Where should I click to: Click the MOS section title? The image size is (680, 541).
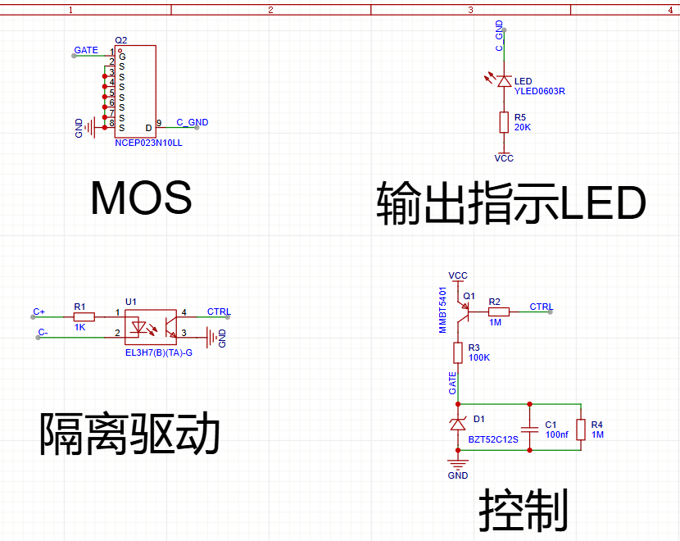(x=141, y=198)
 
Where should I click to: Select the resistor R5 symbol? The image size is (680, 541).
(x=504, y=123)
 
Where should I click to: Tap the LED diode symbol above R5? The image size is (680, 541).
(x=504, y=80)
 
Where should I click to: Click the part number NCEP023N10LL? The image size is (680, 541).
(x=148, y=143)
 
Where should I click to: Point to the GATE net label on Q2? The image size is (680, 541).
(x=86, y=51)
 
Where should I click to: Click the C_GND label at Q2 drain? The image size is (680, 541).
(x=192, y=123)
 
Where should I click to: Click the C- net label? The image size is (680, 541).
(x=43, y=333)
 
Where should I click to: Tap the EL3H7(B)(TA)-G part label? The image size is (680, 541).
(x=158, y=352)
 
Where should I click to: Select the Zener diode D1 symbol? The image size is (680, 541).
(x=458, y=424)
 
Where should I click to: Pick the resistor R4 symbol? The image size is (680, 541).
(x=581, y=429)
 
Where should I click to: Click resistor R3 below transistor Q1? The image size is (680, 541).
(x=458, y=352)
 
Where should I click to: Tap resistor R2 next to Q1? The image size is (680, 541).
(x=498, y=311)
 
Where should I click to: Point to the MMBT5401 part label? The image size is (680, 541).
(x=443, y=310)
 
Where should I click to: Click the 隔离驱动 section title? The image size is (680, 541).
(x=130, y=434)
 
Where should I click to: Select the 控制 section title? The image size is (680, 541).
(x=524, y=509)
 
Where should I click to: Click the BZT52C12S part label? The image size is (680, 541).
(x=493, y=439)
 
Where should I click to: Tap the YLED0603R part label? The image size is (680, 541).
(x=540, y=92)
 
